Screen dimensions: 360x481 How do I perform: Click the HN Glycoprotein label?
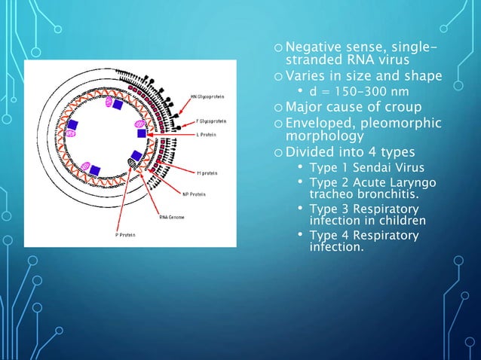207,96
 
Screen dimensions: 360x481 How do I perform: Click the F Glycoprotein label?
208,121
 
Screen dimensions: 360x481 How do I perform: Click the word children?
399,221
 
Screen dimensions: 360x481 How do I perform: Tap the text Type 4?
327,236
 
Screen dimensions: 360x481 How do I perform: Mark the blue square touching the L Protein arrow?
141,133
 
